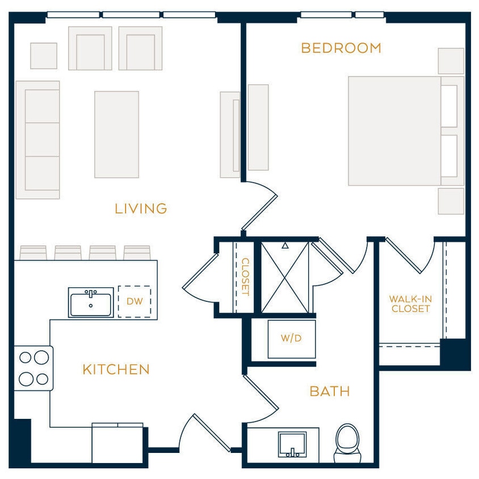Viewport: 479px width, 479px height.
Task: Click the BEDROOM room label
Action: (341, 48)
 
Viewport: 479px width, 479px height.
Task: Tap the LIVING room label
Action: (141, 209)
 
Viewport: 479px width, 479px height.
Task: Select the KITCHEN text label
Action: (116, 369)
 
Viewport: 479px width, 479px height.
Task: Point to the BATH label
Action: (329, 391)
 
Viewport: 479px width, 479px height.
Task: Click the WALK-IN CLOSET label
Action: (410, 304)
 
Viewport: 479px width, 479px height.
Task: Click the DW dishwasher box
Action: (135, 301)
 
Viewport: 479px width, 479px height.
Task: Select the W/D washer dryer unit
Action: (291, 338)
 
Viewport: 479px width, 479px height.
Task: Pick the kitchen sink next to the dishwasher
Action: (91, 302)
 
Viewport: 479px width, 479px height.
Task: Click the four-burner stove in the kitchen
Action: (33, 368)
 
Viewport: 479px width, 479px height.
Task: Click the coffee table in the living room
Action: (116, 135)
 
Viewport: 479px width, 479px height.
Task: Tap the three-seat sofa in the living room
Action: (38, 140)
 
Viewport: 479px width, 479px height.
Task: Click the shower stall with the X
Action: (285, 276)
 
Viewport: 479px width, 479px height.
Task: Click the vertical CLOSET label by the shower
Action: (245, 277)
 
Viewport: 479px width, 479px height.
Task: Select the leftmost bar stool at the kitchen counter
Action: (33, 253)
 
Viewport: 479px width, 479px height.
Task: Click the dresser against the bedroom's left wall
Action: (258, 127)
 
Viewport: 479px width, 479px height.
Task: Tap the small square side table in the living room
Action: (44, 56)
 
